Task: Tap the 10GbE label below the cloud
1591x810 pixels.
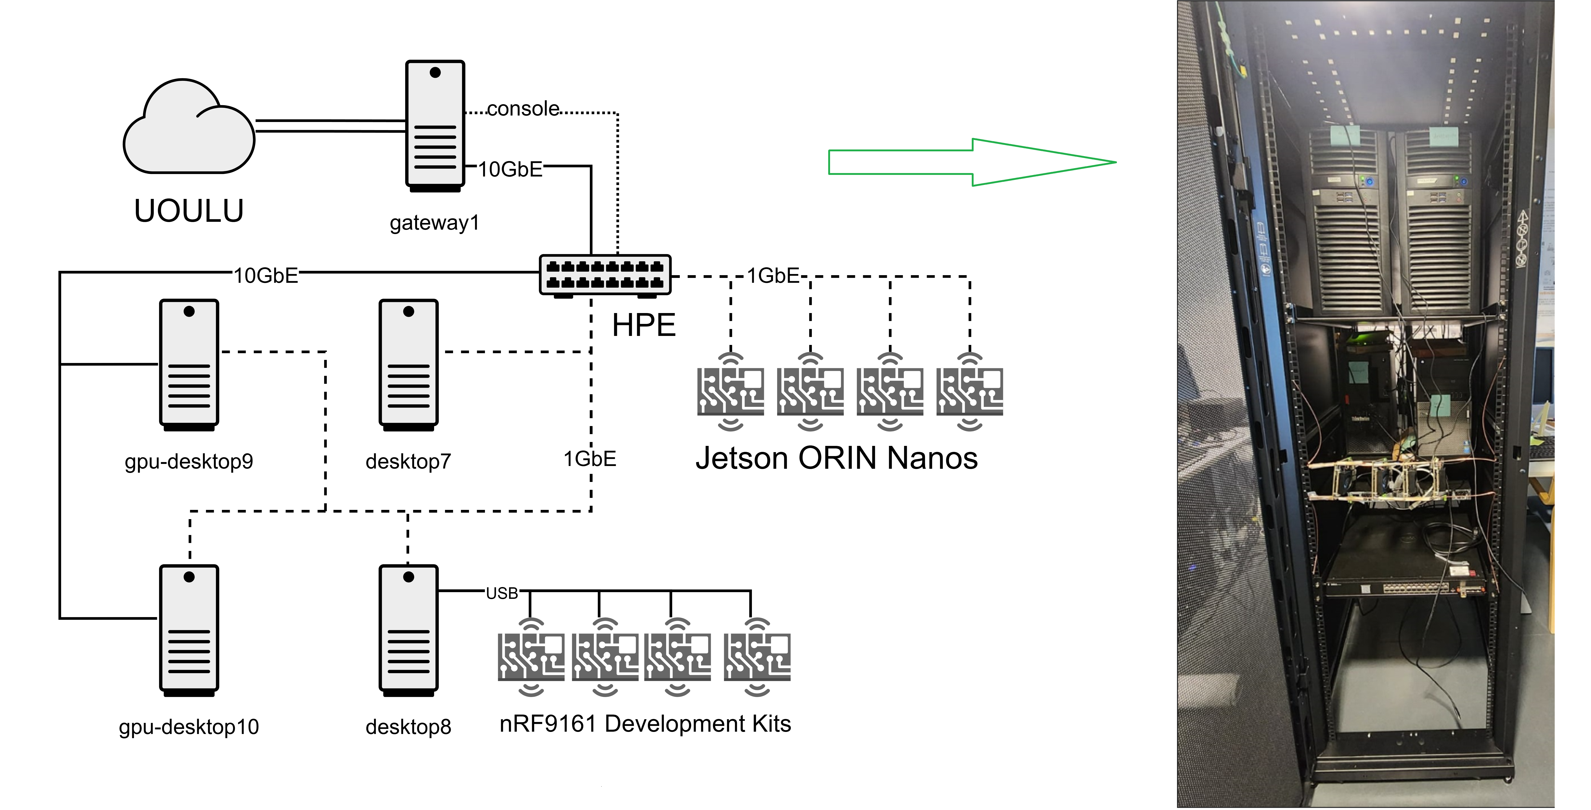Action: coord(266,275)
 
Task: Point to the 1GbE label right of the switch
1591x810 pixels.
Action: coord(773,275)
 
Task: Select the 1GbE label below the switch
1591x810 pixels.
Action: coord(589,459)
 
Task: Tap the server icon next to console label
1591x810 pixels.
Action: coord(435,123)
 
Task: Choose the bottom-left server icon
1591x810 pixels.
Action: coord(189,628)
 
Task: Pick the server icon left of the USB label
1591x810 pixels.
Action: coord(408,628)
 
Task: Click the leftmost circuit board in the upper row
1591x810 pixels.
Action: coord(731,391)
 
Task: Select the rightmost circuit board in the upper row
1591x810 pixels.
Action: coord(970,391)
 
